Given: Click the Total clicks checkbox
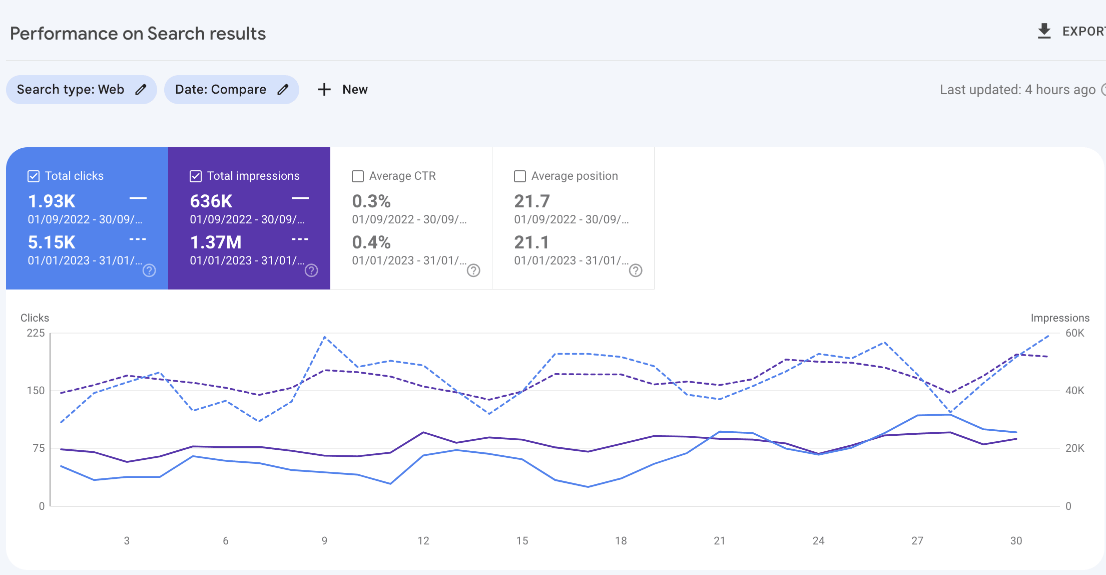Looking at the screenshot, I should click(x=34, y=176).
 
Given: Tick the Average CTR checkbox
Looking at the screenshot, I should click(x=358, y=176).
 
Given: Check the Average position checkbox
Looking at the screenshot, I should click(x=520, y=176).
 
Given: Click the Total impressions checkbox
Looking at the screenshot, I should click(x=196, y=176).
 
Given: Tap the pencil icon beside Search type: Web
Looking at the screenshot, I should click(x=141, y=90).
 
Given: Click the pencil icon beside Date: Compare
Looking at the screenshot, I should click(x=283, y=90).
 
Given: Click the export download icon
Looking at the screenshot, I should click(x=1044, y=31).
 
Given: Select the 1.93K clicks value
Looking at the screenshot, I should click(x=52, y=201).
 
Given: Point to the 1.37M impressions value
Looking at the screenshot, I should click(x=216, y=242).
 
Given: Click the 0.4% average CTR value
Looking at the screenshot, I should click(x=371, y=242).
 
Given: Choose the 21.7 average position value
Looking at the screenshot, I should click(x=532, y=201).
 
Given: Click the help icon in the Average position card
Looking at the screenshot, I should click(x=636, y=270).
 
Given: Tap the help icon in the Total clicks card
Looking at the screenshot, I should click(x=149, y=270).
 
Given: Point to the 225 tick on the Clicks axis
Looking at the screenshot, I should click(x=36, y=333).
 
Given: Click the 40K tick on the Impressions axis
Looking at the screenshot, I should click(x=1074, y=391).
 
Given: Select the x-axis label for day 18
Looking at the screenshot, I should click(x=621, y=541).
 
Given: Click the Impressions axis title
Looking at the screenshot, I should click(x=1060, y=318).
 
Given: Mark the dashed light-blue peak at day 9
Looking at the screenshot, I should click(x=325, y=337).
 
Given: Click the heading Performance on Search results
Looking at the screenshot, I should click(x=138, y=34).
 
